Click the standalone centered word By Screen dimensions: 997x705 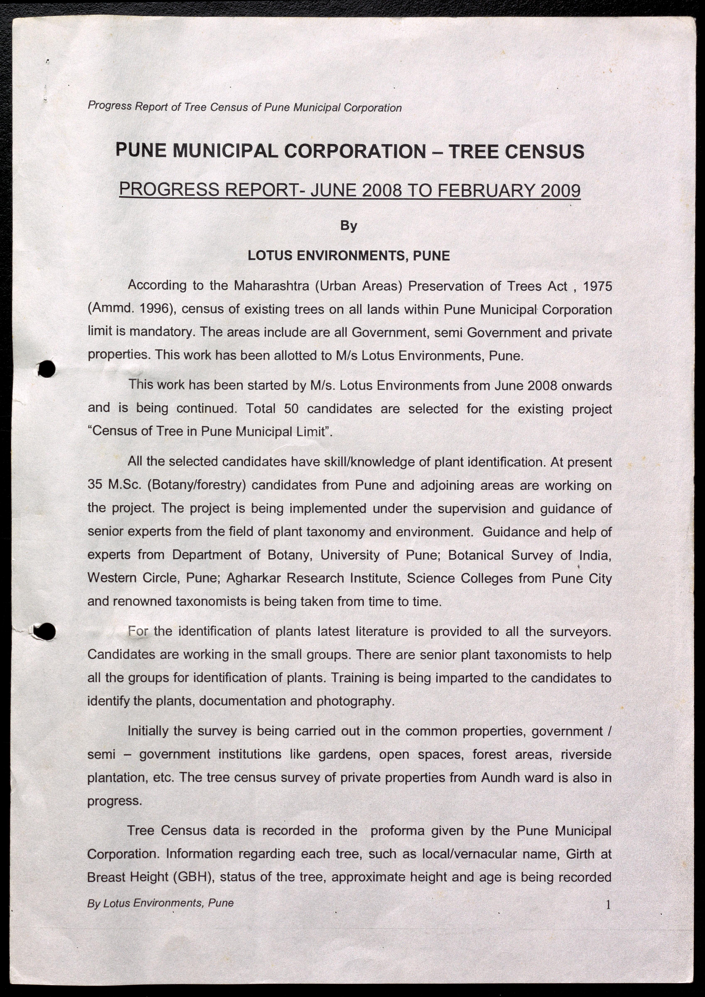(x=349, y=226)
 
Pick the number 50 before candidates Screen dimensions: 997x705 (x=292, y=409)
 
